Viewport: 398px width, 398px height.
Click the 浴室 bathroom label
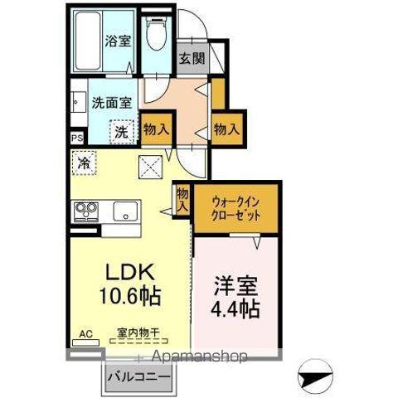click(117, 41)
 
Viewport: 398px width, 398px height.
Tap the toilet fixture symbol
click(155, 34)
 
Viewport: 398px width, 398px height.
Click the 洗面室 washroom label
click(112, 104)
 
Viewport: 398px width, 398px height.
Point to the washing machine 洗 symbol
click(122, 130)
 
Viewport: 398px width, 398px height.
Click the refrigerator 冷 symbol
click(84, 163)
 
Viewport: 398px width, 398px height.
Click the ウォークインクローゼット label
click(237, 206)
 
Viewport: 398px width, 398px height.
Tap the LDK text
click(127, 271)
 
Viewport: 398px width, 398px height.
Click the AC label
click(84, 334)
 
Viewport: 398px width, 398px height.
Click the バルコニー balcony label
click(139, 376)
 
